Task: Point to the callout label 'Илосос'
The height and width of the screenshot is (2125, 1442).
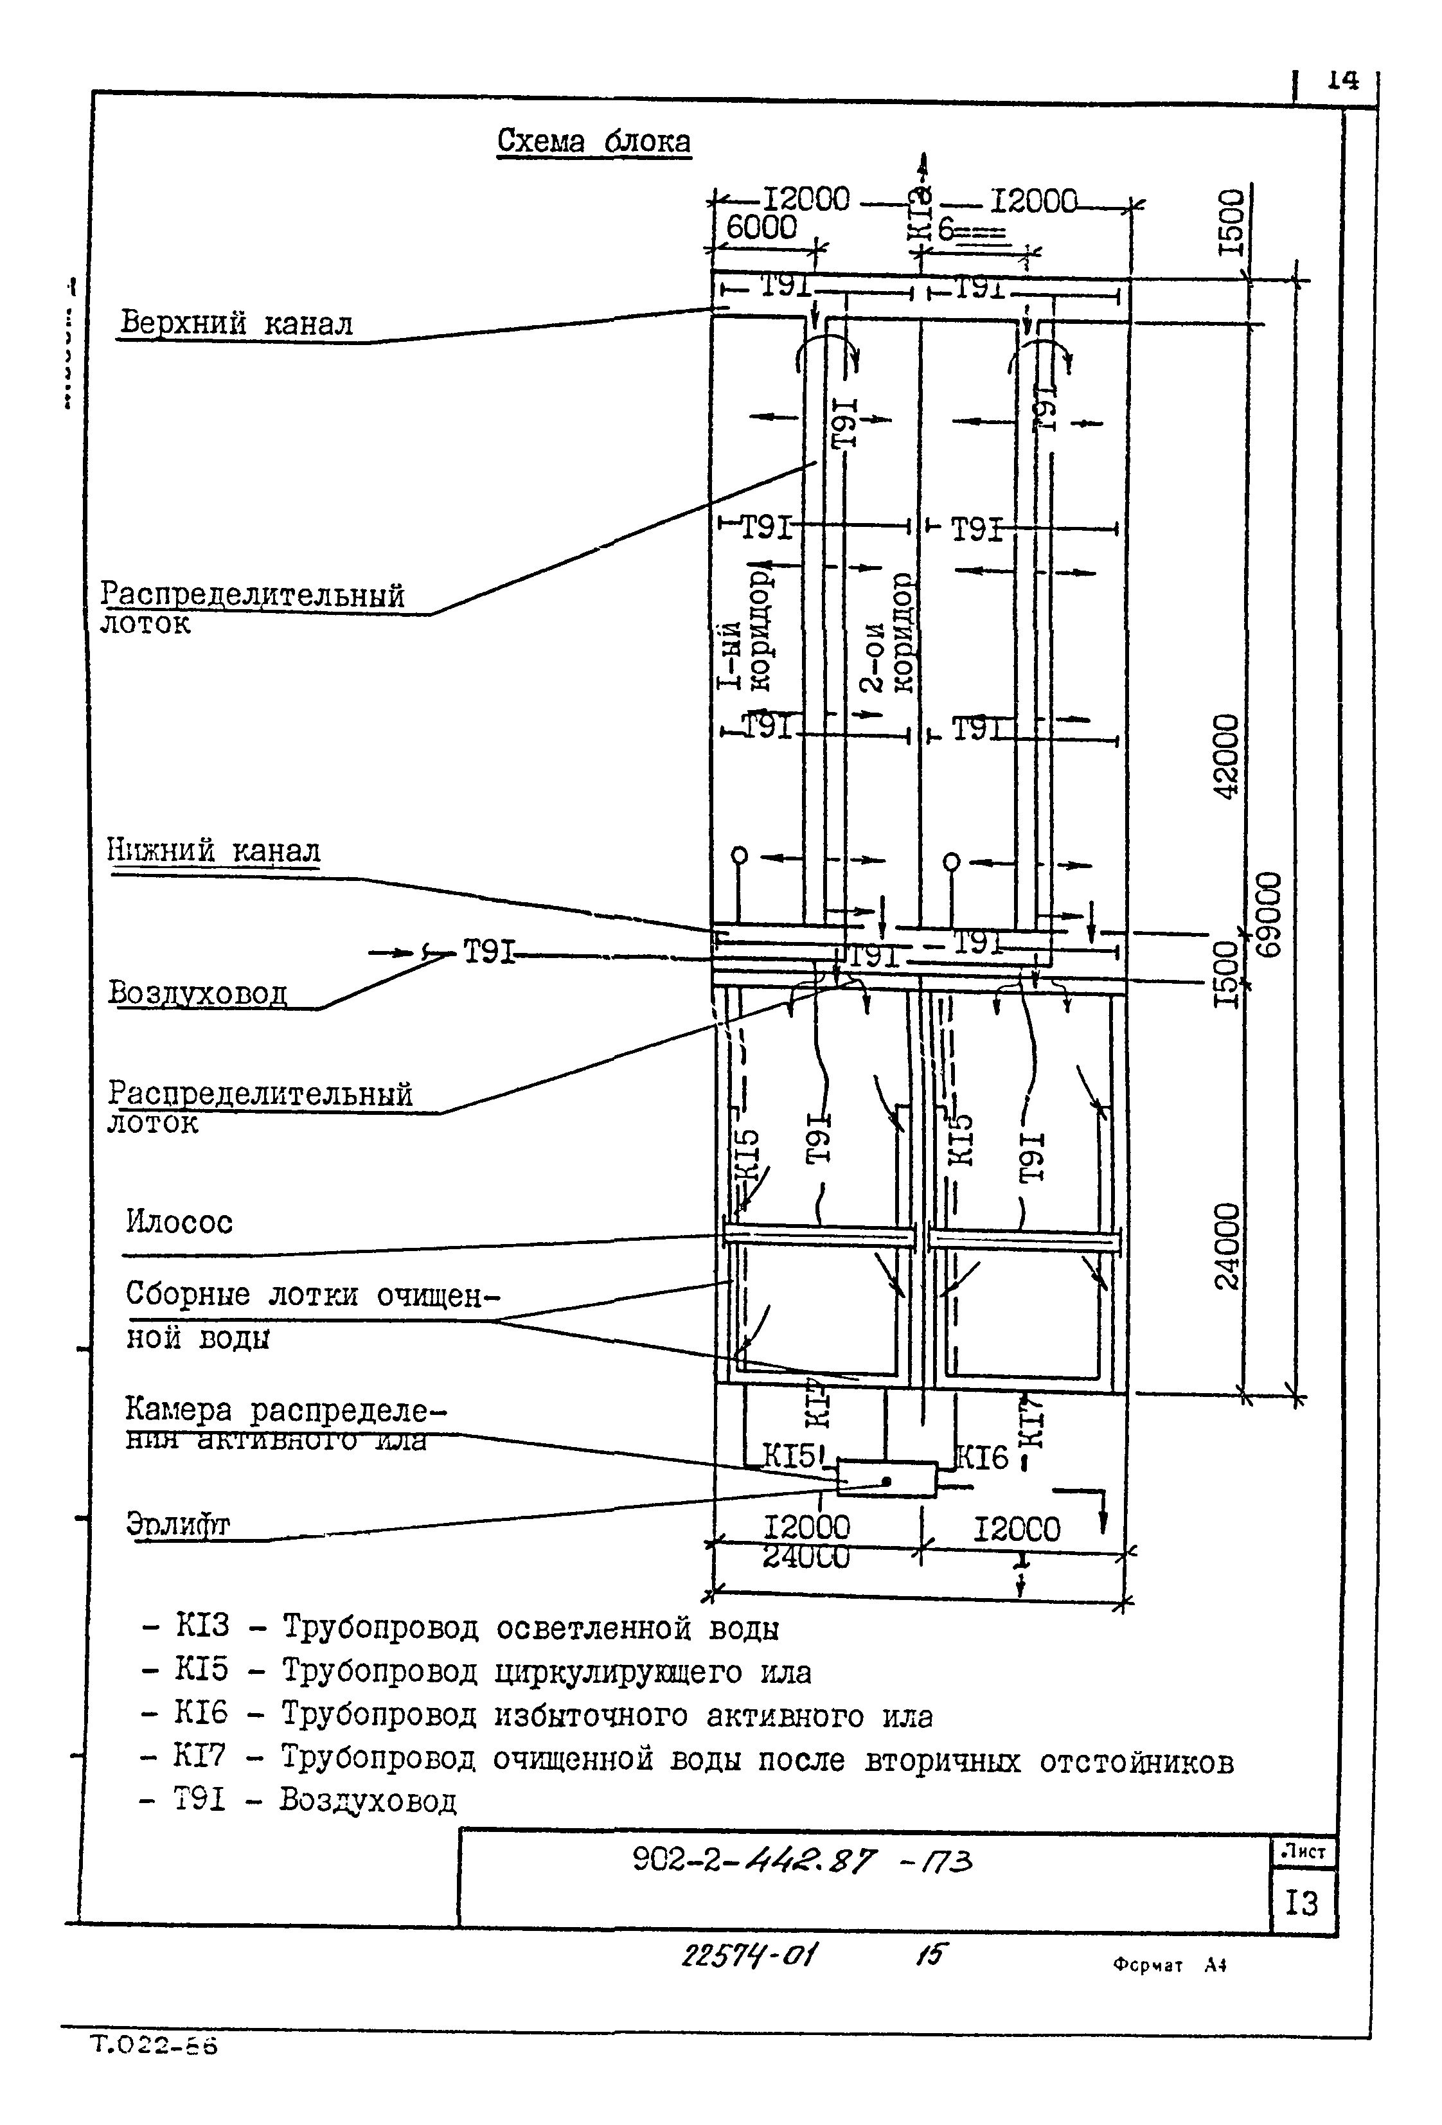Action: point(179,1222)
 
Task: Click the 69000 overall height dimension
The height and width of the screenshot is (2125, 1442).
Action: point(1268,914)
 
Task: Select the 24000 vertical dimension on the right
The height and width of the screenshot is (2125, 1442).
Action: point(1227,1245)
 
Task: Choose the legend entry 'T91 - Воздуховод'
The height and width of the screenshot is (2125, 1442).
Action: point(297,1800)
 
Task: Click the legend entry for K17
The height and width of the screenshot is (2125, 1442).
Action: point(686,1758)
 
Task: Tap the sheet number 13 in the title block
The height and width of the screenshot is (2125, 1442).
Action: point(1301,1903)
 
